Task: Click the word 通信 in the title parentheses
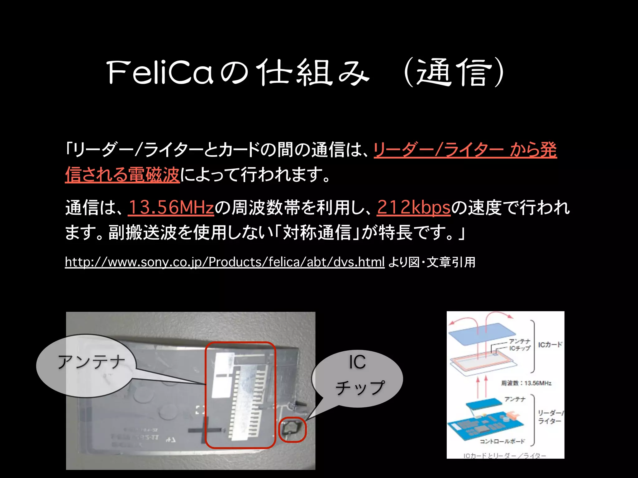click(x=454, y=73)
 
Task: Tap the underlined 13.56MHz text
click(x=171, y=207)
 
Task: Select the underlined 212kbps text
click(x=414, y=207)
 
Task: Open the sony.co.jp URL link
click(x=225, y=262)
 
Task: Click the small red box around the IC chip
click(x=292, y=430)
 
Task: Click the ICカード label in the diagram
click(x=550, y=344)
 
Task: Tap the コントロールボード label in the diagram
click(x=502, y=441)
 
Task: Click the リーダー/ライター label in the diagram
click(x=550, y=417)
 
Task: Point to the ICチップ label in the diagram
click(x=520, y=349)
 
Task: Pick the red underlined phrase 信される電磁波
click(x=122, y=174)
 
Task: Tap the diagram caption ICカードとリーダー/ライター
click(x=505, y=456)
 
